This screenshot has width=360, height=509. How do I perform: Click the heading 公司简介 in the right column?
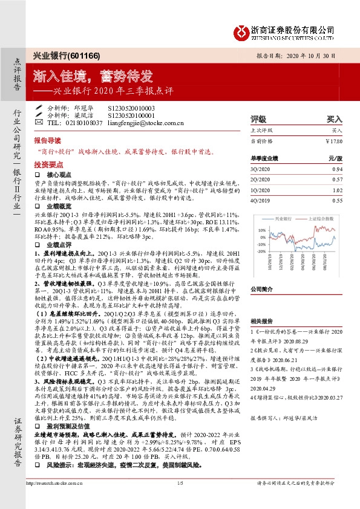pos(261,290)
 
